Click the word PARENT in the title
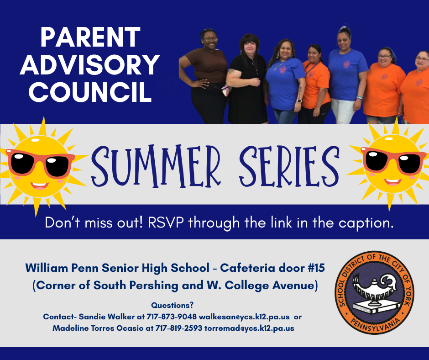point(90,37)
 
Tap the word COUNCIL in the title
point(90,91)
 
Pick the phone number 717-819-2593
point(178,328)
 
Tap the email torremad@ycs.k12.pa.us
point(249,328)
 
